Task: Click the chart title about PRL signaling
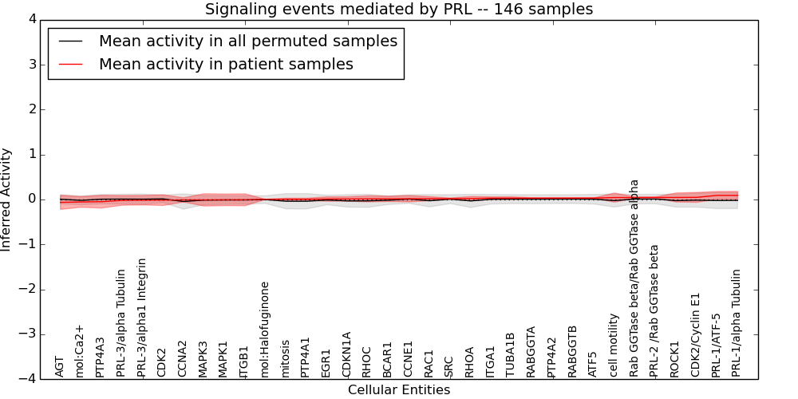coord(399,10)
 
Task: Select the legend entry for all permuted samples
coord(248,41)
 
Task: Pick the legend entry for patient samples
coord(226,65)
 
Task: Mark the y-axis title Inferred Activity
coord(7,199)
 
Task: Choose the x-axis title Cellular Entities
coord(399,390)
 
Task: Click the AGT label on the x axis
coord(59,366)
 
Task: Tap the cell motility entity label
coord(614,345)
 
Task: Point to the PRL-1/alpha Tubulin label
coord(736,322)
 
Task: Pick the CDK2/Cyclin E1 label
coord(695,333)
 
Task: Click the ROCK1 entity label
coord(674,359)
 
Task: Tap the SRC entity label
coord(448,365)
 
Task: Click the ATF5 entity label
coord(592,364)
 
